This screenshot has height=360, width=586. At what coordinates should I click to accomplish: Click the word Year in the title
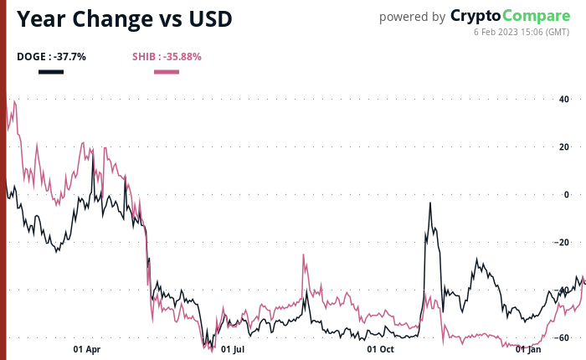(45, 18)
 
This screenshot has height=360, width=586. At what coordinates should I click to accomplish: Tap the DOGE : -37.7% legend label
(51, 57)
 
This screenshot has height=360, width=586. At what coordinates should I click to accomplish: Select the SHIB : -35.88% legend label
(167, 57)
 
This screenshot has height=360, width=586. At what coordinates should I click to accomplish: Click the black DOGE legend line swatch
(51, 71)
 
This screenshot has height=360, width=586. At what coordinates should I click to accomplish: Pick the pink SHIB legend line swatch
(167, 71)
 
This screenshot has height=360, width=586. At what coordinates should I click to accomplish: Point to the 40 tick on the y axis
(563, 100)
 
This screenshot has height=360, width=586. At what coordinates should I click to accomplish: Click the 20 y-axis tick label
(563, 147)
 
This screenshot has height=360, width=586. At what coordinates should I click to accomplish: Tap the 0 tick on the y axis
(566, 194)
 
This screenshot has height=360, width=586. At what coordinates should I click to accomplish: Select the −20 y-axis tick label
(562, 242)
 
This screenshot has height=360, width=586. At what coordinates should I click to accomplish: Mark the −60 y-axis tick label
(562, 337)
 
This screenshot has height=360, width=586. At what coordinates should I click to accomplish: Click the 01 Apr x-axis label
(87, 349)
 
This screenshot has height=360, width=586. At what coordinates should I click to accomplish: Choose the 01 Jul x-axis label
(233, 349)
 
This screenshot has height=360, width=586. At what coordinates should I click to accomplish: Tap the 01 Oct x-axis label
(381, 349)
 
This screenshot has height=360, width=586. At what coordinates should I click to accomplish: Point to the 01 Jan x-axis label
(528, 349)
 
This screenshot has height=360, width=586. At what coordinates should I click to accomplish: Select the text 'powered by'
(412, 17)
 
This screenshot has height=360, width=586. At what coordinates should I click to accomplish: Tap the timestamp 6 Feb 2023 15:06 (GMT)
(522, 33)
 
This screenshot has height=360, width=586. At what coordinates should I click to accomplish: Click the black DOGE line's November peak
(430, 203)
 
